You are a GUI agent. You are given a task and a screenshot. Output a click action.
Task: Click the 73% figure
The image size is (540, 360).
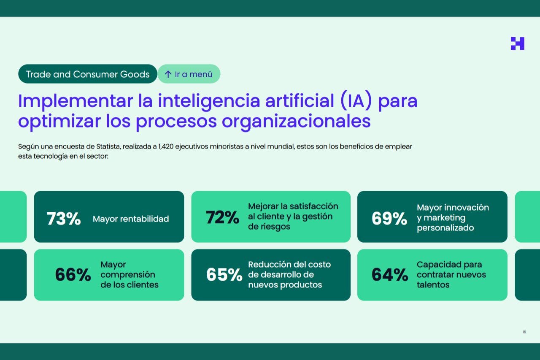tap(64, 219)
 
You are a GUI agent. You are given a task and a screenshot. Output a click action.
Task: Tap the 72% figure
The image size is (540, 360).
tap(222, 217)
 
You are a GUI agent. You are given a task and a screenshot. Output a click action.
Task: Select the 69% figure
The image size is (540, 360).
tap(389, 219)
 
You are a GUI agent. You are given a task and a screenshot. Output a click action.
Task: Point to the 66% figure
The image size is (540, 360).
tap(73, 275)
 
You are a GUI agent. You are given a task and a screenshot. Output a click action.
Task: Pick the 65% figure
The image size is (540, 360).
tap(224, 275)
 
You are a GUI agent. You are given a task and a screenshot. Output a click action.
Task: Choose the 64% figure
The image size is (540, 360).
tap(389, 275)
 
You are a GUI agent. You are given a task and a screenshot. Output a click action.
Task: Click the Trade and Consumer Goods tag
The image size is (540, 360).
tap(88, 74)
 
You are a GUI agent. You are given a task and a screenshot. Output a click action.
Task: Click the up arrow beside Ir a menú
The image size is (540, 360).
tap(168, 74)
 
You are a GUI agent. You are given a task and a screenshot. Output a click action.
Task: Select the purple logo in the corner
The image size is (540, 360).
tap(517, 43)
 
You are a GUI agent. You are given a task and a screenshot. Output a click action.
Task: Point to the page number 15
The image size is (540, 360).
tap(524, 332)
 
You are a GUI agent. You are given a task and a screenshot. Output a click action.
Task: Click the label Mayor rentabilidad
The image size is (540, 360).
tap(131, 219)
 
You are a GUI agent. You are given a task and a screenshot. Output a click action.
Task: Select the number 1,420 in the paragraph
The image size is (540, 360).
tap(165, 146)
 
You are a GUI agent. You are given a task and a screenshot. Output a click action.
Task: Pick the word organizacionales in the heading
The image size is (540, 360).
tap(296, 121)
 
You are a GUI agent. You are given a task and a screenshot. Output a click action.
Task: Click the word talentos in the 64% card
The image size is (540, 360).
tap(433, 285)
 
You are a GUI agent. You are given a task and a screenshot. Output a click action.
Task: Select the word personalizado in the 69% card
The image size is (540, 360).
tap(445, 228)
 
